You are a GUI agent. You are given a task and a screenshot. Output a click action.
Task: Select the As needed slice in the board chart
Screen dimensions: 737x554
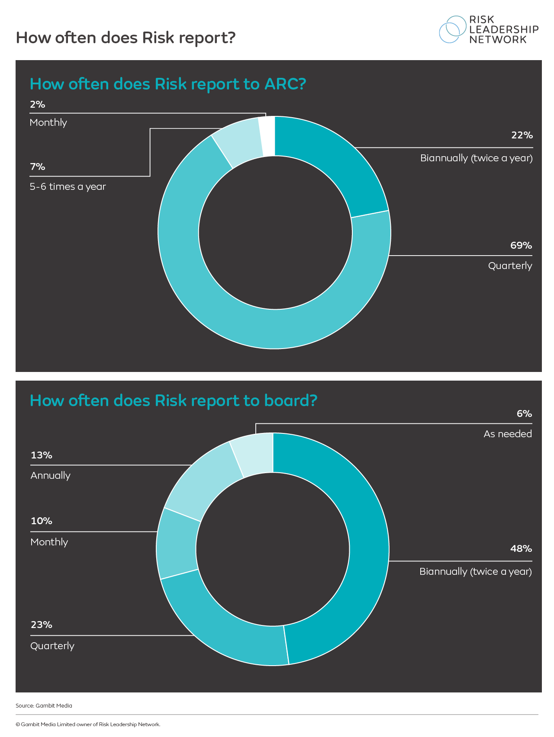[255, 454]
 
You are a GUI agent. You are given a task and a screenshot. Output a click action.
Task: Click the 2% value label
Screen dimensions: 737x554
[38, 105]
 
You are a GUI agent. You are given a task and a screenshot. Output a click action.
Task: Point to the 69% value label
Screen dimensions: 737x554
[521, 246]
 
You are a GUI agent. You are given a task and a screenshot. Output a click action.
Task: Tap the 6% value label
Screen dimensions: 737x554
[524, 414]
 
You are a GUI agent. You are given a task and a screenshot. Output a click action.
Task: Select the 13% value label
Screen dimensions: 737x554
[42, 455]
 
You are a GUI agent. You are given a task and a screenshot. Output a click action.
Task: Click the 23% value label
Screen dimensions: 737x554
[42, 625]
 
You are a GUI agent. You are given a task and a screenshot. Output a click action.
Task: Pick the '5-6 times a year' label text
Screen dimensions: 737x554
[68, 187]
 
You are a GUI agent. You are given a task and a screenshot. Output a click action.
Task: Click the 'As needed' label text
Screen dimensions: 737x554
[508, 434]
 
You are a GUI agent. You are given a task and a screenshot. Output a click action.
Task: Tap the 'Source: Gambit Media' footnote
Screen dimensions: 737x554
[44, 706]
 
